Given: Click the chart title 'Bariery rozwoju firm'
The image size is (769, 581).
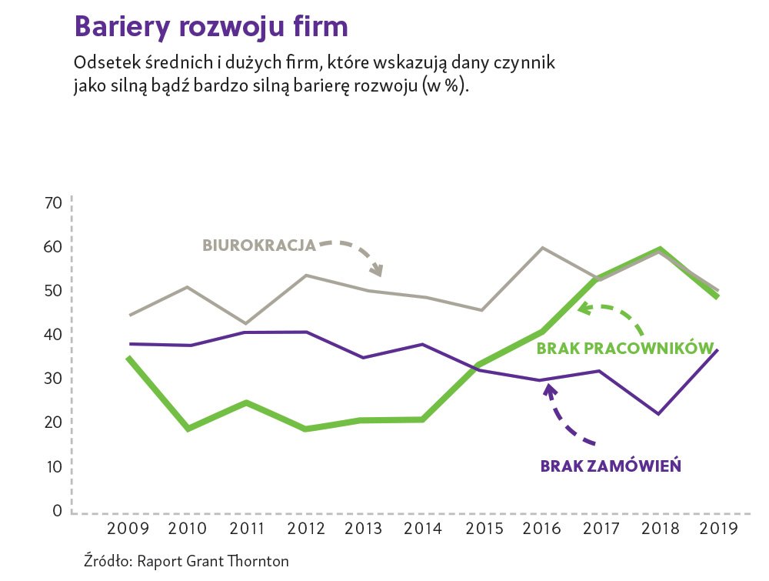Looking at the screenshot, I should (211, 27).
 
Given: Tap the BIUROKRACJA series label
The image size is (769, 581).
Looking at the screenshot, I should (259, 245).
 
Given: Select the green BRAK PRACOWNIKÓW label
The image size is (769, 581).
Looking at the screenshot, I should (626, 349).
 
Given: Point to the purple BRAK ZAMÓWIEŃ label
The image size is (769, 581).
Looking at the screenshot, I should (611, 466).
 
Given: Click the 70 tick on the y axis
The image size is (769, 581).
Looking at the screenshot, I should (52, 203).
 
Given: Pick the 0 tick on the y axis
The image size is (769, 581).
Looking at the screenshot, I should (56, 511).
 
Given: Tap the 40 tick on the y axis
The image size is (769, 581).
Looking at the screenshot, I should (52, 335).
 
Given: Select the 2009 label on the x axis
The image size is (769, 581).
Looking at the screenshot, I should (128, 529).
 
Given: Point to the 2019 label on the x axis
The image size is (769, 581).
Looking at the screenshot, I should (718, 529).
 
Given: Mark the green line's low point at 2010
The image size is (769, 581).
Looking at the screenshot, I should (188, 429).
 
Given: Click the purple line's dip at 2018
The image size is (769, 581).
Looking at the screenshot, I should (659, 414).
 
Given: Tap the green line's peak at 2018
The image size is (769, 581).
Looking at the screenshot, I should (659, 249).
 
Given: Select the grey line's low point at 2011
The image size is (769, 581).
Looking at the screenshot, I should (247, 324).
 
